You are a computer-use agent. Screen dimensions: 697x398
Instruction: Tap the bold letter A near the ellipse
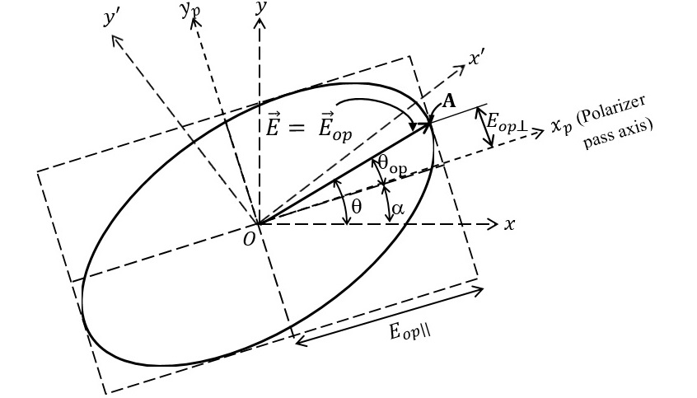pyautogui.click(x=449, y=101)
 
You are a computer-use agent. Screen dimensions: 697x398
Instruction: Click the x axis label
pyautogui.click(x=510, y=224)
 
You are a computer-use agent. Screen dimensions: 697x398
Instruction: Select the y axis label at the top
pyautogui.click(x=261, y=7)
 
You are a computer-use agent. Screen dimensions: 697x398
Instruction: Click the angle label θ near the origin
pyautogui.click(x=356, y=207)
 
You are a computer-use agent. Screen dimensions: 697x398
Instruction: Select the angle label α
pyautogui.click(x=398, y=209)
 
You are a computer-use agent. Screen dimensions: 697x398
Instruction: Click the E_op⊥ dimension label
pyautogui.click(x=506, y=122)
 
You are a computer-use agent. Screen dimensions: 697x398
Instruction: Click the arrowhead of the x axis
pyautogui.click(x=494, y=223)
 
